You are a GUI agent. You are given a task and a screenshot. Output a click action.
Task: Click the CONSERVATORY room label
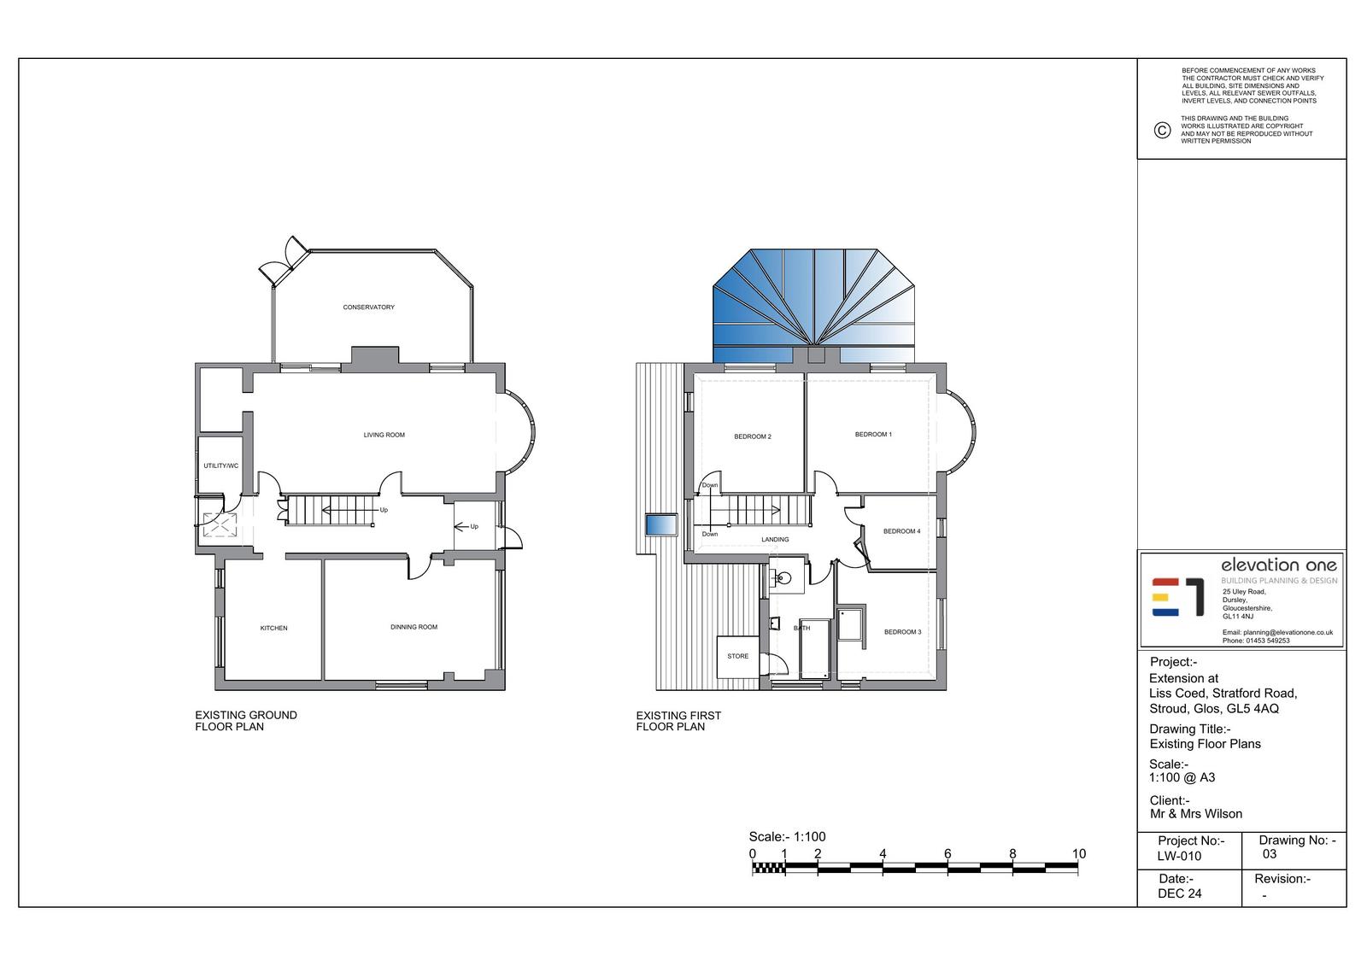coord(368,307)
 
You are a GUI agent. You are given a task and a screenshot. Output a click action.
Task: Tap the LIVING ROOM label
coord(384,435)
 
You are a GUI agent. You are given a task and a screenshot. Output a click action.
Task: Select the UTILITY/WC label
coord(221,465)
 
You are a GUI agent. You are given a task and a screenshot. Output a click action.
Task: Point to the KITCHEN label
coord(273,628)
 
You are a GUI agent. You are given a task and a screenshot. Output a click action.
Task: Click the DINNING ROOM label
coord(414,627)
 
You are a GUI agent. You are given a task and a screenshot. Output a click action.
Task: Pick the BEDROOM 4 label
coord(901,531)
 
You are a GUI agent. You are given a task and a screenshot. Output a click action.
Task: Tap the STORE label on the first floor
coord(738,656)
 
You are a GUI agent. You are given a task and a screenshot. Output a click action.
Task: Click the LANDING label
coord(775,540)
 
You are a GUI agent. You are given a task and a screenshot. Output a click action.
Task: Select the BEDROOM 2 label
coord(753,436)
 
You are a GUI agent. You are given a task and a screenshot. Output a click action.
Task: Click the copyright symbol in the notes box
coord(1162,130)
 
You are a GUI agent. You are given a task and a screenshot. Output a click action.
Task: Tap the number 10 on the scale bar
coord(1078,854)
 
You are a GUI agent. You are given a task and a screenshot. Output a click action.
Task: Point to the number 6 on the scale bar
coord(948,854)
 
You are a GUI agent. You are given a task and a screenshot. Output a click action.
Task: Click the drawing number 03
coord(1270,854)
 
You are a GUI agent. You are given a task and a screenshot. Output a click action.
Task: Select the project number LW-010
coord(1179,856)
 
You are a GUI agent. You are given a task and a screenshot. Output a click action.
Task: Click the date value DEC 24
coord(1180,893)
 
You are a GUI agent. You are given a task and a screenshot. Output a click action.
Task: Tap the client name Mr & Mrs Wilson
coord(1196,814)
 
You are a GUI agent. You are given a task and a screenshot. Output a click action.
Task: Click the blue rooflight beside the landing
coord(661,524)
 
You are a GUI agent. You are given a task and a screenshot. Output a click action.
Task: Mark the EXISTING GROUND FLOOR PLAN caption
coord(246,721)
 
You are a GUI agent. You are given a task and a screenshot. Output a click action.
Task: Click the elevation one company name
coord(1278,565)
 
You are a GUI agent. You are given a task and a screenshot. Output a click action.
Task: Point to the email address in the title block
coord(1277,633)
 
